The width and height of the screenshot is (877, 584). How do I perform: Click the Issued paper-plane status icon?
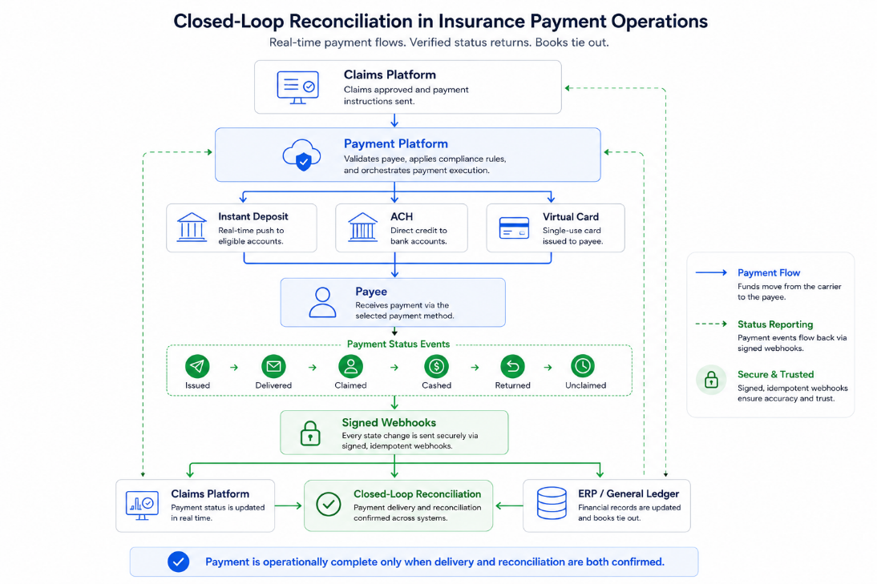[x=197, y=366]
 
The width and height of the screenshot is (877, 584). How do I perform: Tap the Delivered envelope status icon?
[x=273, y=366]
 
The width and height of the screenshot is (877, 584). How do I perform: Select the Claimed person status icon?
[x=350, y=366]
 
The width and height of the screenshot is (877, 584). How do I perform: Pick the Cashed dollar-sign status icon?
[x=436, y=366]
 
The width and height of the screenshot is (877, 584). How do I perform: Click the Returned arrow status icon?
[x=512, y=366]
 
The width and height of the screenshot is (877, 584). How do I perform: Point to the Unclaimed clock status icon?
[x=583, y=366]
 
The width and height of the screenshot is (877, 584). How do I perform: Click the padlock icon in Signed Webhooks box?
[x=310, y=433]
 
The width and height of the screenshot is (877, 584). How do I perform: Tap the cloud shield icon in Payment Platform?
[x=302, y=155]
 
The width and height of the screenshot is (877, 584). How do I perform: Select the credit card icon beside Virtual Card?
[x=514, y=228]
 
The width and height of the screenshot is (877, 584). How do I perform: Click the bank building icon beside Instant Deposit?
[x=192, y=227]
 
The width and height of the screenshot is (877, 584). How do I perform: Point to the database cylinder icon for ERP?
[x=552, y=503]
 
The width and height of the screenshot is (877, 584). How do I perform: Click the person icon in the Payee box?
[x=323, y=302]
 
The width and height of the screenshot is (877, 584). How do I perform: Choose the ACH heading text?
[x=402, y=217]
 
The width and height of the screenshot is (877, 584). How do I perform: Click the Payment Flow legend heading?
[x=769, y=272]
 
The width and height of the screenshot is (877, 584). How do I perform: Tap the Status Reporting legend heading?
[x=775, y=324]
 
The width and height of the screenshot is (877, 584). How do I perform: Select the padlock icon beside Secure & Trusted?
[x=711, y=380]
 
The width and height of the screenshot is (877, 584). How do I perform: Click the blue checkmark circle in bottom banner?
[x=179, y=562]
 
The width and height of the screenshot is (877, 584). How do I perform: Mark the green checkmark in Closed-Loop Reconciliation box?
[x=329, y=504]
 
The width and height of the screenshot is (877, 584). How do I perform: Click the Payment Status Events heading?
[x=398, y=344]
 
